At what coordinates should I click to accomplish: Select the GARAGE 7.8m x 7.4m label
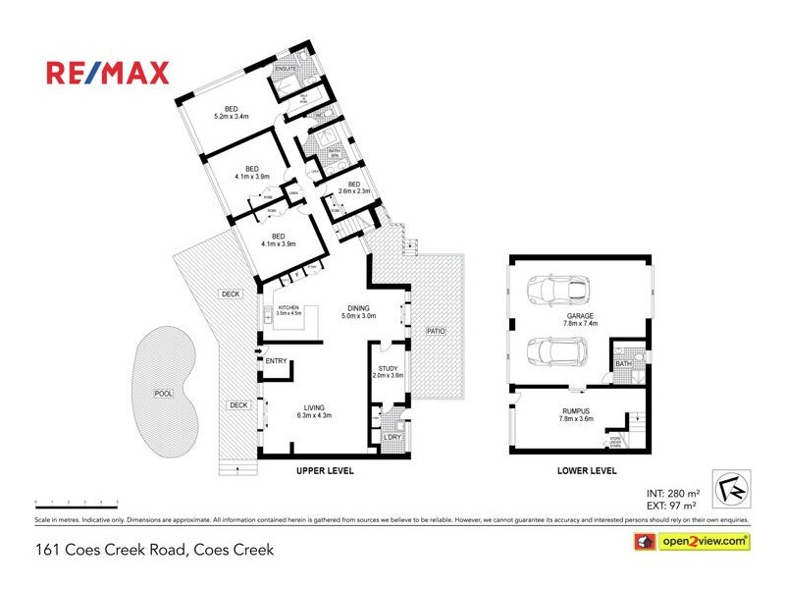tap(579, 319)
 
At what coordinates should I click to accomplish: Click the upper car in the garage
tap(558, 292)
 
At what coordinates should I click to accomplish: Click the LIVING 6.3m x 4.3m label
tap(314, 411)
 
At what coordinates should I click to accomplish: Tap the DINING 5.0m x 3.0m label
tap(359, 311)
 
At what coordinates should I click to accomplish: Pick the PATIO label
tap(436, 331)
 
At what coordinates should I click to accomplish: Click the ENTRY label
tap(276, 361)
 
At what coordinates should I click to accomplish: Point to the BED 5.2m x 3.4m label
tap(232, 113)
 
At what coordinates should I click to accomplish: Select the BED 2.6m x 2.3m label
tap(354, 187)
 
